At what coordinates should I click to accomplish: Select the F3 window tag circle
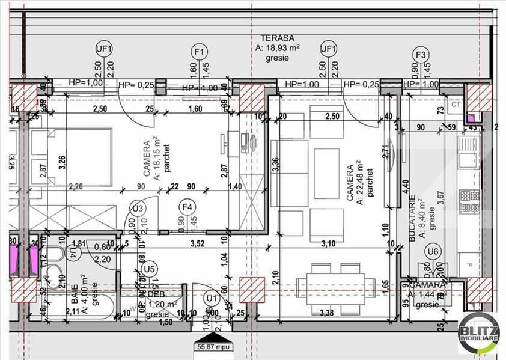[421, 55]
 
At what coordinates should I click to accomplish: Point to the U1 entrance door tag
[211, 297]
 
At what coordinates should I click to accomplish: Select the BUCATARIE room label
[413, 218]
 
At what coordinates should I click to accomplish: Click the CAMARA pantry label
[427, 284]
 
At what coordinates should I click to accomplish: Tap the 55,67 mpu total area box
[211, 346]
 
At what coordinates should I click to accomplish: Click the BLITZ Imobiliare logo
[478, 332]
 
